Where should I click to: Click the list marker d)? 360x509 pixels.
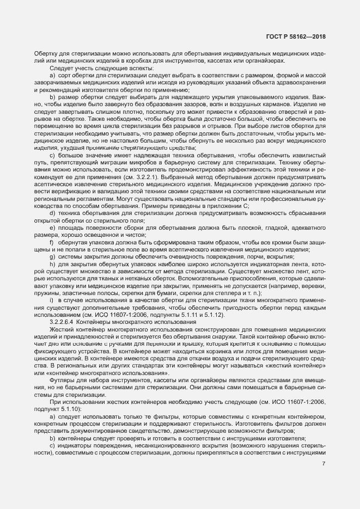point(52,213)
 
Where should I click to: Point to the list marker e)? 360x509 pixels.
point(52,228)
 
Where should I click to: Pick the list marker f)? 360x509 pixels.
point(51,241)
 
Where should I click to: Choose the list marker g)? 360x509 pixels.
point(52,255)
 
